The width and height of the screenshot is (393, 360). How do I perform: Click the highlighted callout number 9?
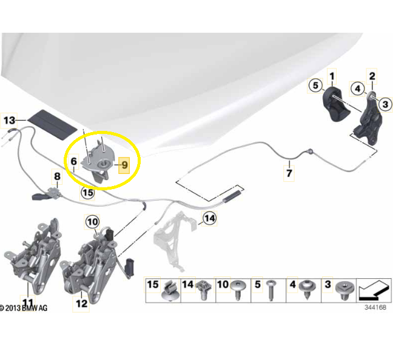(x=124, y=165)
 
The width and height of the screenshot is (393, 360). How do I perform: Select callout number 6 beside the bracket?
(x=73, y=161)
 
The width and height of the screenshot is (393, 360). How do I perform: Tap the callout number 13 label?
(x=9, y=121)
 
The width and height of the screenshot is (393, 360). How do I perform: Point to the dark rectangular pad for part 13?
(x=52, y=124)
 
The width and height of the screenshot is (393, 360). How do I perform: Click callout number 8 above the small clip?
(x=58, y=176)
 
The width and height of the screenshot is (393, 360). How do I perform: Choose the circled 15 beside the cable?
(x=88, y=193)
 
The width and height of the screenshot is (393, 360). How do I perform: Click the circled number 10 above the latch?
(x=92, y=222)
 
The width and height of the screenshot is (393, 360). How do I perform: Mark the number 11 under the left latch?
(x=28, y=302)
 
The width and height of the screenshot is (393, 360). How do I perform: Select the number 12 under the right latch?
(x=81, y=304)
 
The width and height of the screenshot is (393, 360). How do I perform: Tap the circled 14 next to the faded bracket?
(x=209, y=218)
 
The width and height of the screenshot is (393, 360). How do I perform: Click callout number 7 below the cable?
(x=289, y=173)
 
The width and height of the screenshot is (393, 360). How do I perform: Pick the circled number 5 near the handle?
(x=315, y=85)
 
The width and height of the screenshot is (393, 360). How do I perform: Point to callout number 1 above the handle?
(x=332, y=76)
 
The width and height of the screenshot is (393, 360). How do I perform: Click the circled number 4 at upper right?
(x=357, y=88)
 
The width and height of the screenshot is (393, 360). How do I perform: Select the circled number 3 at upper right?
(x=386, y=104)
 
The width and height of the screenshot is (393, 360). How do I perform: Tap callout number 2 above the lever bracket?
(x=372, y=76)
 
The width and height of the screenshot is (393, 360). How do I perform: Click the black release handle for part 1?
(x=335, y=105)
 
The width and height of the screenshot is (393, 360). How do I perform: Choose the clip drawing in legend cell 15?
(x=170, y=290)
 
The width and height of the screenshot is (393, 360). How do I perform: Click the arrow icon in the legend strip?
(x=374, y=290)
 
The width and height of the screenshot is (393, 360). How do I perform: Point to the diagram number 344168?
(x=375, y=307)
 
